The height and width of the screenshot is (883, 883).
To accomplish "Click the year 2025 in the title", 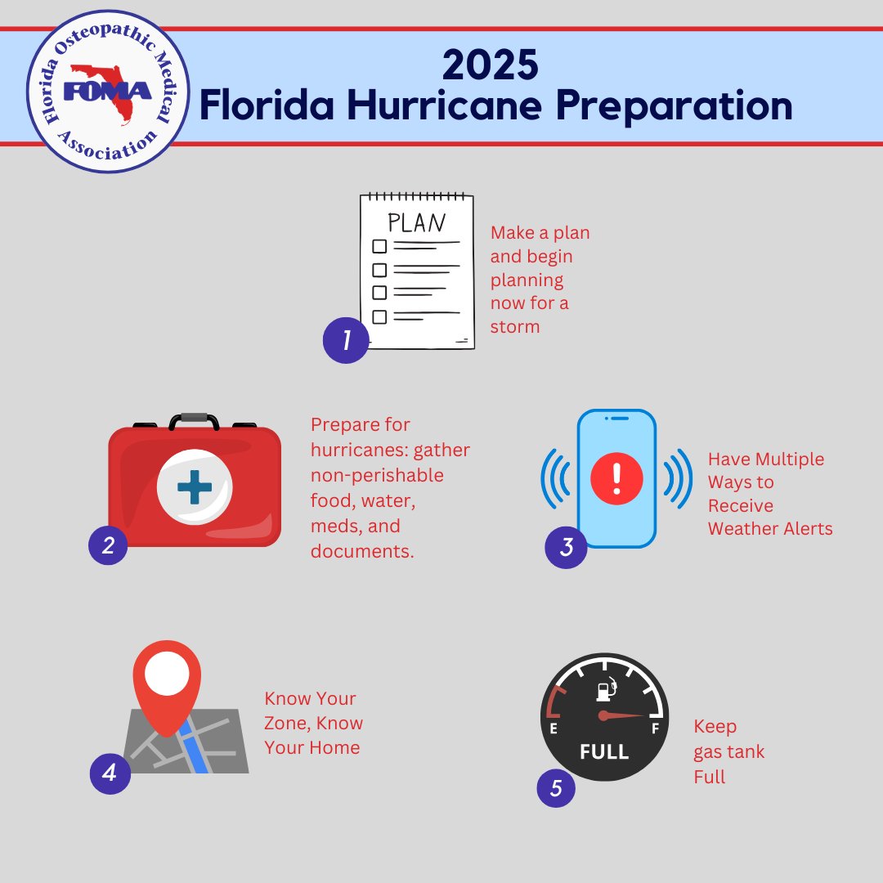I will [490, 66].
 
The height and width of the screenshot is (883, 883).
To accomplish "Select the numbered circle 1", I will [345, 340].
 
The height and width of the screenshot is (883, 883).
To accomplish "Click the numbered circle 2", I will [108, 545].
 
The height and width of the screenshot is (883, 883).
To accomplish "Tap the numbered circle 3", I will [566, 548].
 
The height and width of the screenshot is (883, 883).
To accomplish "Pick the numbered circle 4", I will [110, 773].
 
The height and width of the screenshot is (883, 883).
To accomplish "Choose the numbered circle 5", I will [556, 788].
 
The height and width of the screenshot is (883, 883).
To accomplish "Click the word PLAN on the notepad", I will [416, 222].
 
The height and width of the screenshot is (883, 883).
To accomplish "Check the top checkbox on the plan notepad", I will [379, 245].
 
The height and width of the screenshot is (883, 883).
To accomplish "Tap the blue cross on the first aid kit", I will [194, 487].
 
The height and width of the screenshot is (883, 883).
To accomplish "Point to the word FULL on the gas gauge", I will [604, 751].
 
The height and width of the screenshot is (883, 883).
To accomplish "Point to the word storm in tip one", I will [515, 326].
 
